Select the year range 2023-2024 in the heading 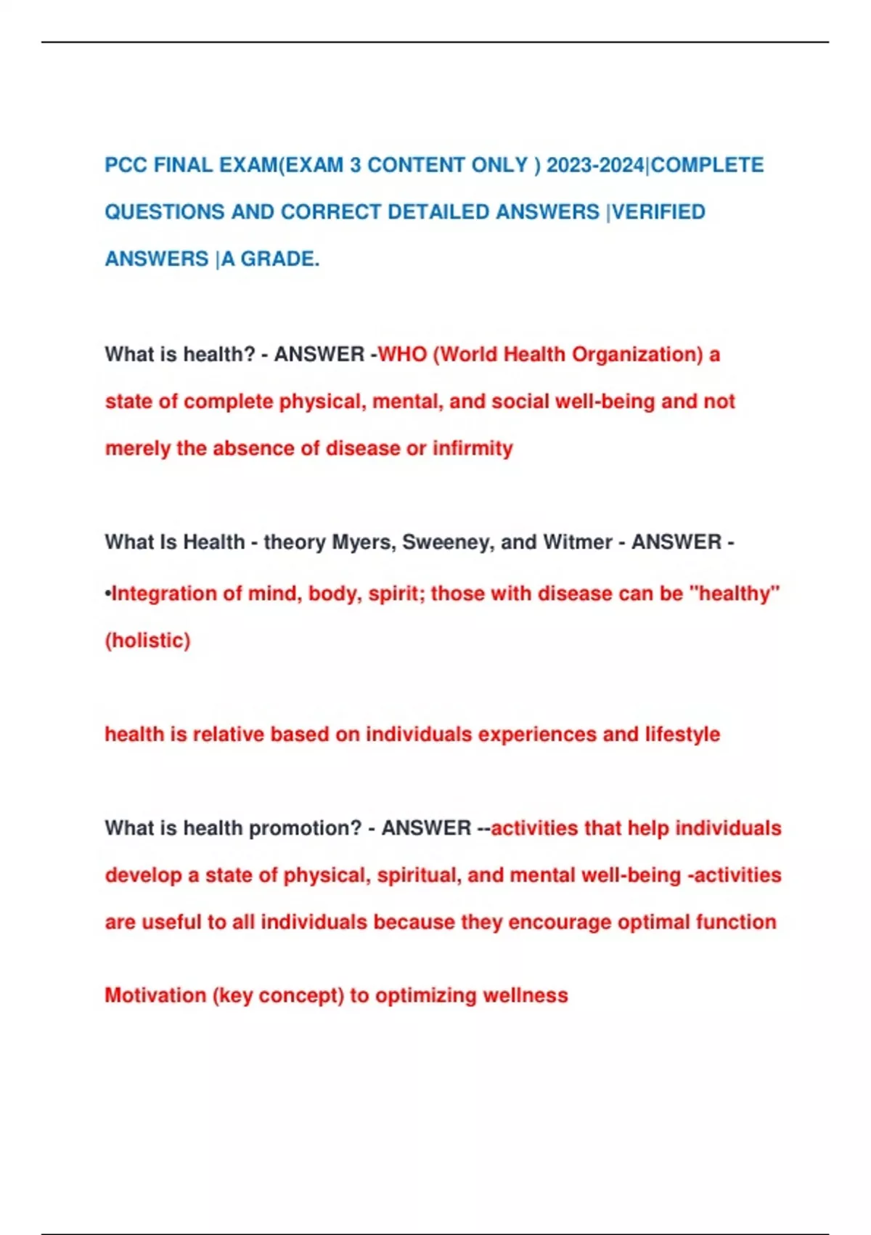(x=595, y=166)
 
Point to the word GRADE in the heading (x=279, y=259)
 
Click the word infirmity (x=473, y=448)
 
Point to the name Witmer (x=578, y=543)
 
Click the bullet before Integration (x=108, y=594)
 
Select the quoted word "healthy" (x=733, y=594)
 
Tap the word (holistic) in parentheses (x=147, y=641)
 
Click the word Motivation (x=155, y=995)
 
